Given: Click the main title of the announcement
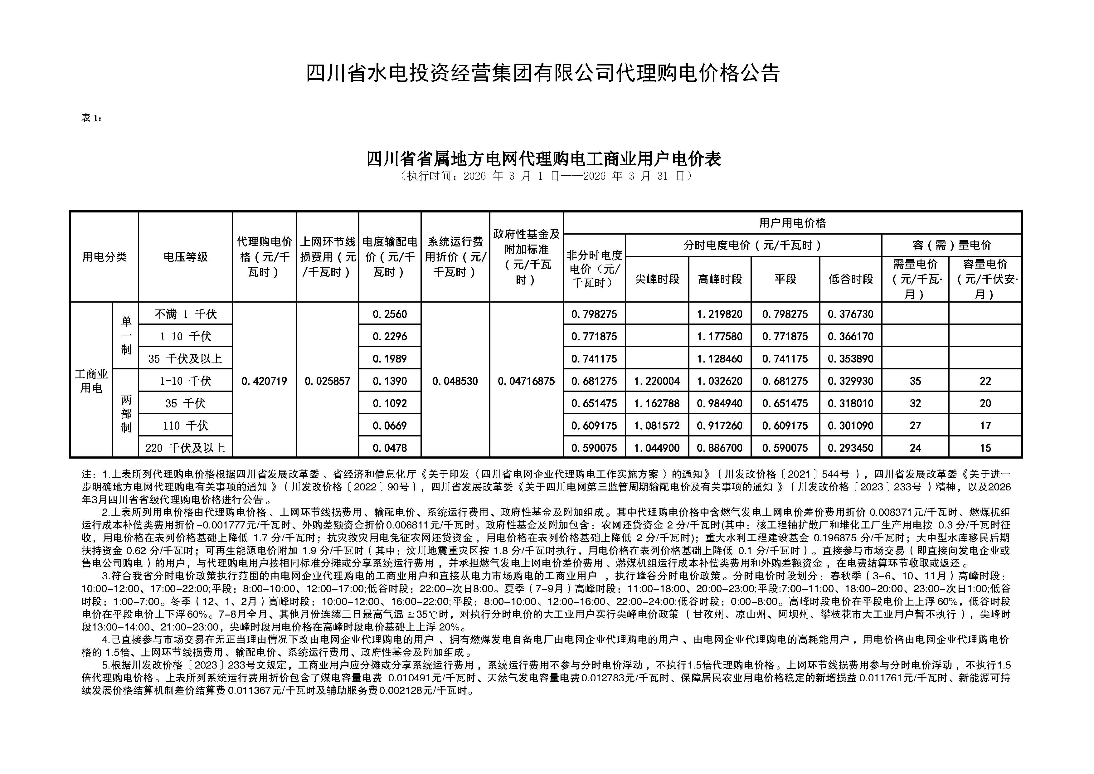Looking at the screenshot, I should pyautogui.click(x=542, y=73).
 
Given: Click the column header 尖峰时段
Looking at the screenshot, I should pyautogui.click(x=657, y=279).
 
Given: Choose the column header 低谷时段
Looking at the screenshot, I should pyautogui.click(x=850, y=279).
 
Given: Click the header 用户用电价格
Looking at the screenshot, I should pyautogui.click(x=792, y=222).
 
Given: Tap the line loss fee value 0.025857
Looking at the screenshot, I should pyautogui.click(x=327, y=381).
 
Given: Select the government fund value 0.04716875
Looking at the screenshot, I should pyautogui.click(x=526, y=381).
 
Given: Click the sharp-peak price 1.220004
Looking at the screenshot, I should pyautogui.click(x=657, y=381).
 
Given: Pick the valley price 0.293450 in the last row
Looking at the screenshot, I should pyautogui.click(x=850, y=448).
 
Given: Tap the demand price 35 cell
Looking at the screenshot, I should pyautogui.click(x=915, y=381).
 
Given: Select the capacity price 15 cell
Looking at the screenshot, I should pyautogui.click(x=985, y=448).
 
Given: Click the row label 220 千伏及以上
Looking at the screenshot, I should pyautogui.click(x=185, y=448).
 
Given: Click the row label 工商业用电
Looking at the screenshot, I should pyautogui.click(x=91, y=381).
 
